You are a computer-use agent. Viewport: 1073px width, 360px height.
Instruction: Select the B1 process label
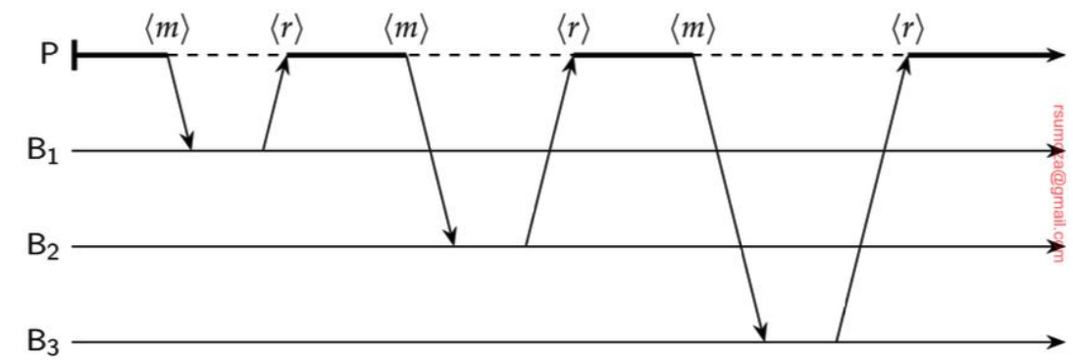coord(44,152)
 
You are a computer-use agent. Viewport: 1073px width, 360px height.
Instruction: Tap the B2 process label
coord(44,247)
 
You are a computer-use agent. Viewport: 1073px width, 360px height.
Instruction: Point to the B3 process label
coord(44,342)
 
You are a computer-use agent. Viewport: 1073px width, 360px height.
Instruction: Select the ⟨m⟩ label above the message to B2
coord(406,29)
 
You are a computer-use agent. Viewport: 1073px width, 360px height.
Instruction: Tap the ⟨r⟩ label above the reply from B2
coord(574,29)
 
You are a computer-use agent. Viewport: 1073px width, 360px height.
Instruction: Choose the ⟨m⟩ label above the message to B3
coord(691,29)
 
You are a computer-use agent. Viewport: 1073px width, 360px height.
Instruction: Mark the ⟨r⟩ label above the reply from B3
coord(907,29)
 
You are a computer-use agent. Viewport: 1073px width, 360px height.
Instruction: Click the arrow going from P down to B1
coord(179,103)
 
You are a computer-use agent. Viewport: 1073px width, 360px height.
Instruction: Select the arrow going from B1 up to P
coord(275,103)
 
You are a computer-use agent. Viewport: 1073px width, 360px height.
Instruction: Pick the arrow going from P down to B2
coord(431,150)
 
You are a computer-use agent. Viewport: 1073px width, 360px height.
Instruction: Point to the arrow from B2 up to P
coord(549,150)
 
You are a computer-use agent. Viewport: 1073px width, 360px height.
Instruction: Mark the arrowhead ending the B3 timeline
coord(1057,342)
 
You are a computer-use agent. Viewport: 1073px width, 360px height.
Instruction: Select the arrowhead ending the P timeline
coord(1057,56)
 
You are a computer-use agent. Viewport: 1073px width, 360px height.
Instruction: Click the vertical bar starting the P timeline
coord(76,56)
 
